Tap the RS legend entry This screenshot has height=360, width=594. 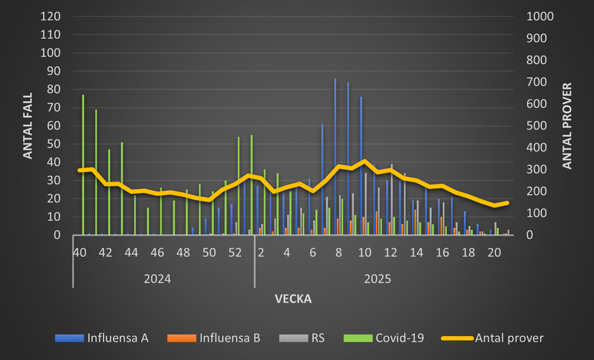click(x=308, y=338)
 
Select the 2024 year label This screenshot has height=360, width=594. click(x=158, y=279)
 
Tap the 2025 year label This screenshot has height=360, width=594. click(x=378, y=279)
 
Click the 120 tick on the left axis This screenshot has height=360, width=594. click(x=51, y=16)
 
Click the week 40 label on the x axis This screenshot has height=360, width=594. click(x=80, y=253)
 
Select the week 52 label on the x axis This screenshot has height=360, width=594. click(x=235, y=253)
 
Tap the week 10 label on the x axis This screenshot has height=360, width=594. click(x=364, y=253)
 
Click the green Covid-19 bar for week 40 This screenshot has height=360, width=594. click(x=83, y=165)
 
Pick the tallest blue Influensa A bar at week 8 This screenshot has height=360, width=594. click(x=335, y=157)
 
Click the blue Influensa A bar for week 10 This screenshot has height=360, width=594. click(x=361, y=166)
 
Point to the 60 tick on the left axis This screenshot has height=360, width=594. click(x=54, y=126)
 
